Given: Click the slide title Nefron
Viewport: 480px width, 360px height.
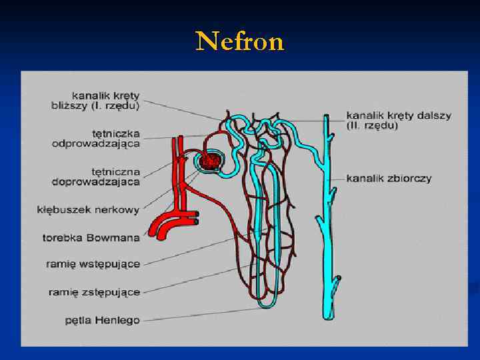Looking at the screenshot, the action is pos(240,41).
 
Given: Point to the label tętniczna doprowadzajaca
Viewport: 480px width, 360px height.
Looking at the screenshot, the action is pos(96,175).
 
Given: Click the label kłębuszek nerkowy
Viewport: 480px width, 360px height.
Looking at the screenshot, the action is pos(88,209).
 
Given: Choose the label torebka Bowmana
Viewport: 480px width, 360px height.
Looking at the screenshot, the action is pos(91,237).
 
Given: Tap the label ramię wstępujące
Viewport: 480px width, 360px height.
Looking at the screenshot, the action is pos(93,264).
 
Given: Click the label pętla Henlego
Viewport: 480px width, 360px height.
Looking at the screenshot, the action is pos(102,320).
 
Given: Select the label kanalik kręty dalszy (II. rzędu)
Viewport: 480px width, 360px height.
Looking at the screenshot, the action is pos(399,120).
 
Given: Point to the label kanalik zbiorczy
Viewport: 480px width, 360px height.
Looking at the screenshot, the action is pos(389,178).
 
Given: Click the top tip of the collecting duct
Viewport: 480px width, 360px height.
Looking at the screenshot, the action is pos(326,117).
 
